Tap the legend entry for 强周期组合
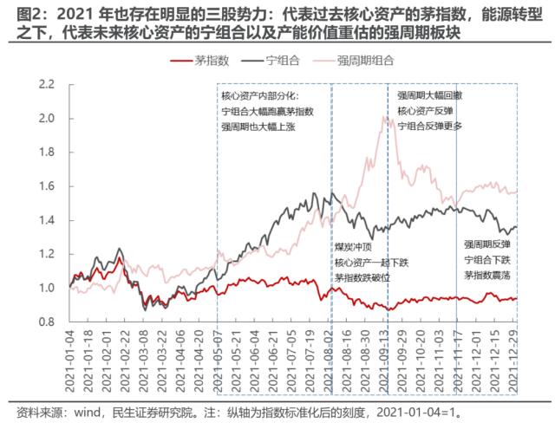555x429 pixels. tap(365, 60)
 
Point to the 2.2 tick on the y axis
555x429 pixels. tap(47, 84)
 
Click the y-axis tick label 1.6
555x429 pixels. tap(47, 186)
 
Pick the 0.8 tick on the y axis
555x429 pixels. tap(47, 322)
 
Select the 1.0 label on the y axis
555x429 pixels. tap(47, 288)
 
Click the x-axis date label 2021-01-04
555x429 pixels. tap(68, 357)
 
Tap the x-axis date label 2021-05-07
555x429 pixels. tap(215, 357)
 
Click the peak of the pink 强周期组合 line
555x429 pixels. tap(384, 117)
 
